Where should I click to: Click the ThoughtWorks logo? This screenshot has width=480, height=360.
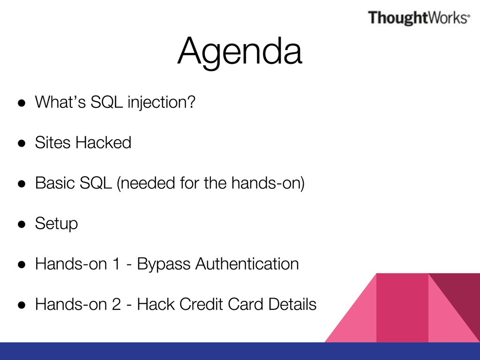click(419, 17)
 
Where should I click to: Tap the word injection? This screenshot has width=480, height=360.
click(161, 102)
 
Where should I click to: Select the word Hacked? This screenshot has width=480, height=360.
click(103, 142)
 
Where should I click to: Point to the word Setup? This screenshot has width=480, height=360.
click(56, 224)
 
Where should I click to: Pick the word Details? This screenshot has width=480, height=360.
click(292, 304)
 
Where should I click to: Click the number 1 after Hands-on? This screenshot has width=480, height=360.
click(116, 264)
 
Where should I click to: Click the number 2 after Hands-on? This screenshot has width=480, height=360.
click(116, 304)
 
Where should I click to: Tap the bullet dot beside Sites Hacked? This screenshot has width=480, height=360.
click(22, 143)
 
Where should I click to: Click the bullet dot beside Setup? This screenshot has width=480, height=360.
click(22, 224)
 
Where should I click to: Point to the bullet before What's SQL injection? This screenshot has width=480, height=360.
click(22, 103)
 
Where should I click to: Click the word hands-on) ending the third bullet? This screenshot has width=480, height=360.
click(268, 183)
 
